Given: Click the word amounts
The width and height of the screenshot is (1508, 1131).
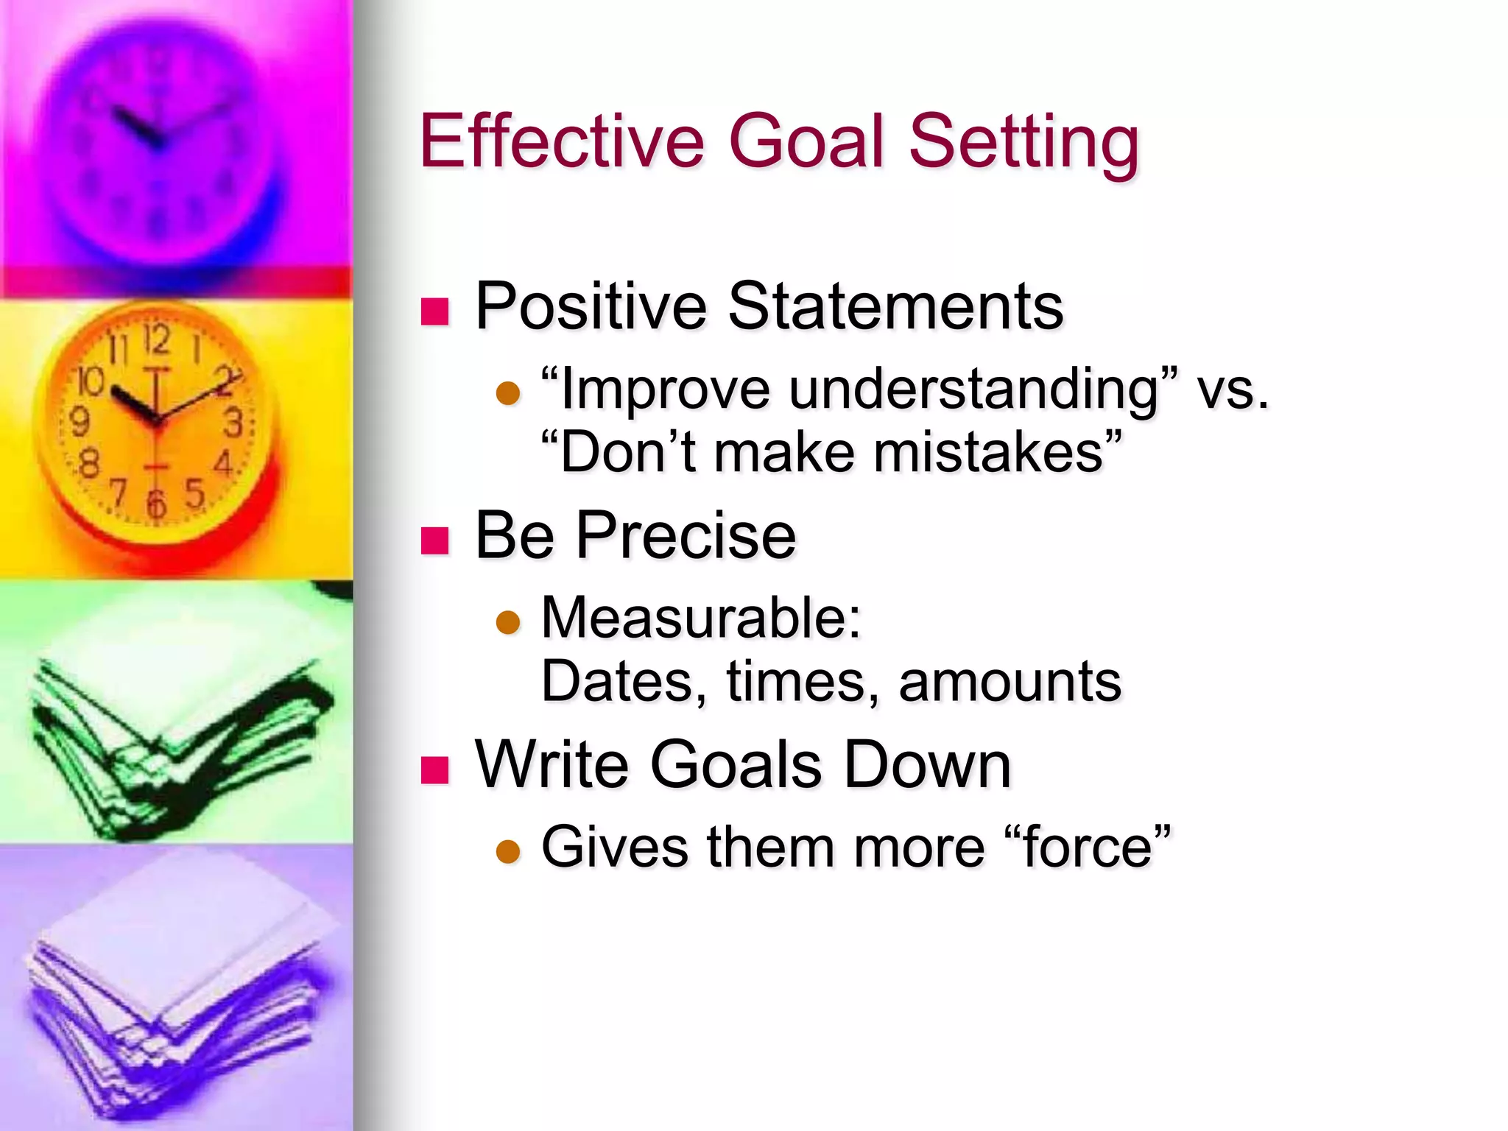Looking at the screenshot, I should point(1010,681).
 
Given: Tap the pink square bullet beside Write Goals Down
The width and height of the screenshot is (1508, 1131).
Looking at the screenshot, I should point(434,769).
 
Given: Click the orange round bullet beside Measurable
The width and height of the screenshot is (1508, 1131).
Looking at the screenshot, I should point(508,623).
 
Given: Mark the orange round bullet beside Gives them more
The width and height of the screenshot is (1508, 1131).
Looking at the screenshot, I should point(508,852).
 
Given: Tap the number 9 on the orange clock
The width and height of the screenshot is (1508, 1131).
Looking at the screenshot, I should point(79,422).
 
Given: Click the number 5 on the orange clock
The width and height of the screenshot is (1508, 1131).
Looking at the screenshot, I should point(194,492).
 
